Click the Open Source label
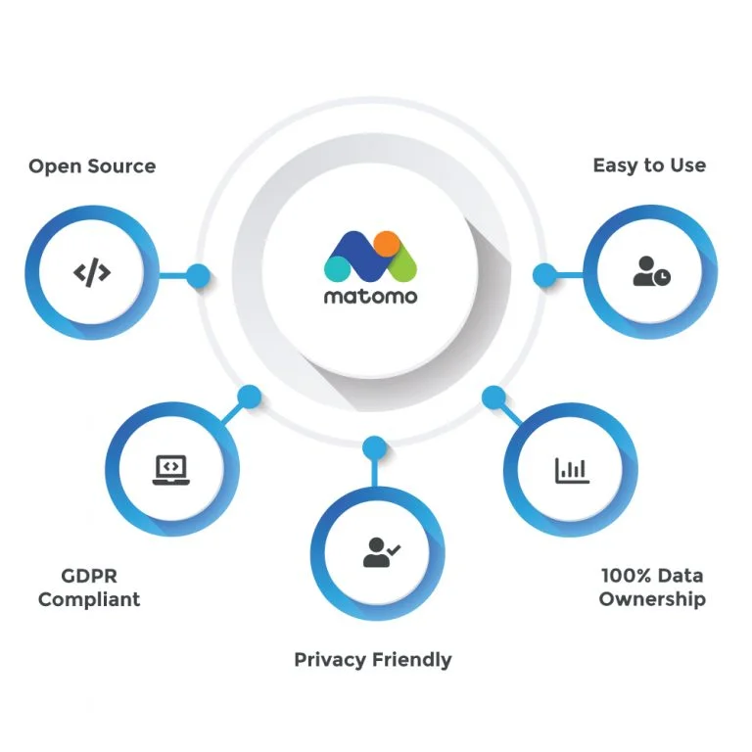coord(92,165)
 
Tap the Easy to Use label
coord(648,165)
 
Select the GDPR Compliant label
coord(89,587)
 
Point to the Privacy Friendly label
coord(373,659)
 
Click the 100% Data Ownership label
coord(652,587)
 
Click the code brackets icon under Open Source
coord(92,273)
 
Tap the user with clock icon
coord(651,273)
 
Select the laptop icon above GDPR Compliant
coord(169,469)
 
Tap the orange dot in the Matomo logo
coord(387,243)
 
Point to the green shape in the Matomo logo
coord(403,262)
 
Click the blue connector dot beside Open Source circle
coord(198,275)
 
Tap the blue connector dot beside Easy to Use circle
coord(543,275)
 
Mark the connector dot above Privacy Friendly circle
coord(373,447)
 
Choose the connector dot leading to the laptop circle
coord(250,397)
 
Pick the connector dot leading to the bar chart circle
coord(493,397)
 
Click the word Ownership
coord(652,599)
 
